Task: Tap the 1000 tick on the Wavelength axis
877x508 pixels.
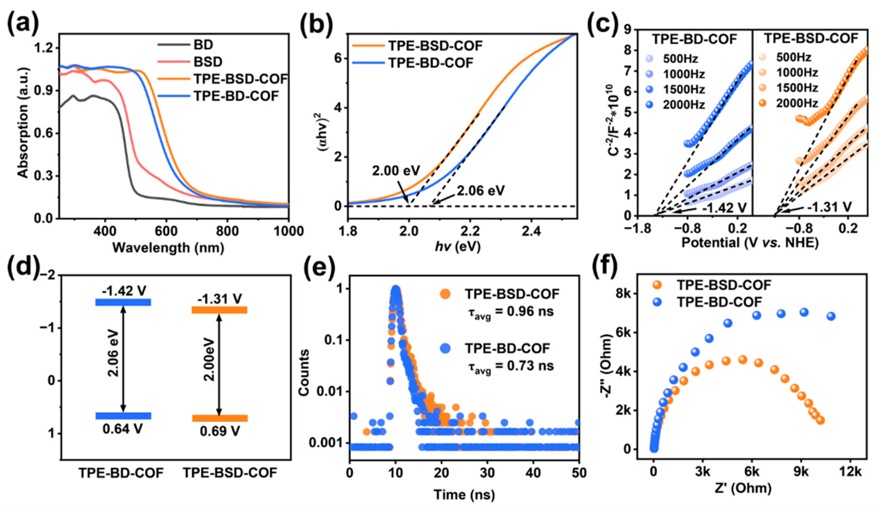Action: point(288,231)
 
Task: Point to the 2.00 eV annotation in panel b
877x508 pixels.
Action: point(396,171)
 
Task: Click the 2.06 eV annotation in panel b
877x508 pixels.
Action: point(481,191)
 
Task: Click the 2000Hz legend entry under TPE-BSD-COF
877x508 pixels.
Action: point(797,103)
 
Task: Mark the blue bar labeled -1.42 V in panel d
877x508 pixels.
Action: point(123,302)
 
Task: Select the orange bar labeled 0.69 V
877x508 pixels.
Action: point(220,418)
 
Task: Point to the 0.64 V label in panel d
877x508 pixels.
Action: point(122,429)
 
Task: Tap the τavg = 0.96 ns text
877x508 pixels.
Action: point(510,311)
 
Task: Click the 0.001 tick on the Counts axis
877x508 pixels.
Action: point(327,443)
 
